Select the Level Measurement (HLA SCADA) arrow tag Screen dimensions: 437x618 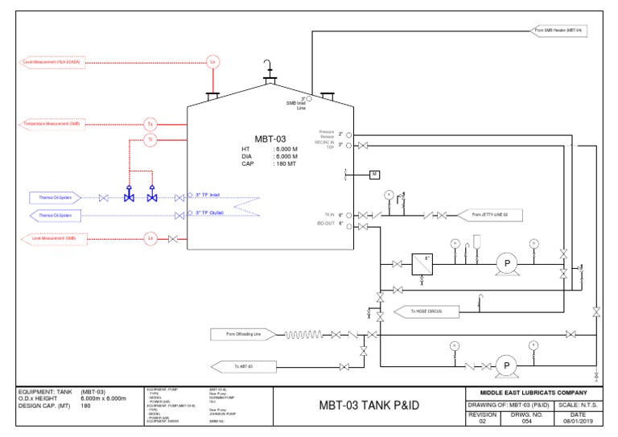(x=51, y=61)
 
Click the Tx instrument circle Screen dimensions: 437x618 (x=150, y=124)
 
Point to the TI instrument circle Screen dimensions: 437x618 (x=150, y=140)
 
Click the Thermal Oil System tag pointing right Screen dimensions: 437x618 (x=56, y=197)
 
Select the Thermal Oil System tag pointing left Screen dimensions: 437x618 (x=56, y=216)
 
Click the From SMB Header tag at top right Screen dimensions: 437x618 (x=560, y=31)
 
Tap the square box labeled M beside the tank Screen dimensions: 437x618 (x=375, y=175)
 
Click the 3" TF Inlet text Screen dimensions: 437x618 (x=213, y=194)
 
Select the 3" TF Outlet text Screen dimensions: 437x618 (x=213, y=212)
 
